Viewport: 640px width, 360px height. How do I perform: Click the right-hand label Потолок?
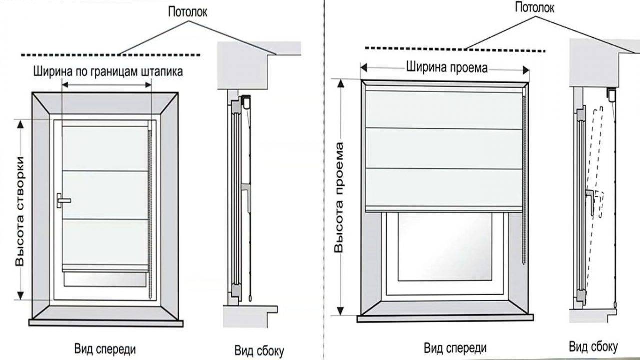coord(535,7)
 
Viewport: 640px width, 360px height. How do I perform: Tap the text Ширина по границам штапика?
coord(108,71)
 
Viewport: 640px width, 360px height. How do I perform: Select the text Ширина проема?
coord(446,67)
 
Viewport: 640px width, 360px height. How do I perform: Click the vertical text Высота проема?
coord(340,197)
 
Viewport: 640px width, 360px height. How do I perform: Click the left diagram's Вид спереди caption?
coord(106,348)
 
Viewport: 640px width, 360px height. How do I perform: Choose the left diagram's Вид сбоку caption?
coord(259,349)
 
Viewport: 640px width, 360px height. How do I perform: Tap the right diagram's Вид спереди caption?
coord(455,347)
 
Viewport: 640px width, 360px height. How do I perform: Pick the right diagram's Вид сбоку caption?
coord(593,346)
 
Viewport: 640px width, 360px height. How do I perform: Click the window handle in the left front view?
coord(63,200)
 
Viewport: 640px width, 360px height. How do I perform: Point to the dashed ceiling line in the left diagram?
coord(110,54)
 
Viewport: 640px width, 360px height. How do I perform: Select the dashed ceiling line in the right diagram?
coord(455,49)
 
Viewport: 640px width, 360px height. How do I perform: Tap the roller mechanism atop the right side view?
coord(611,93)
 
